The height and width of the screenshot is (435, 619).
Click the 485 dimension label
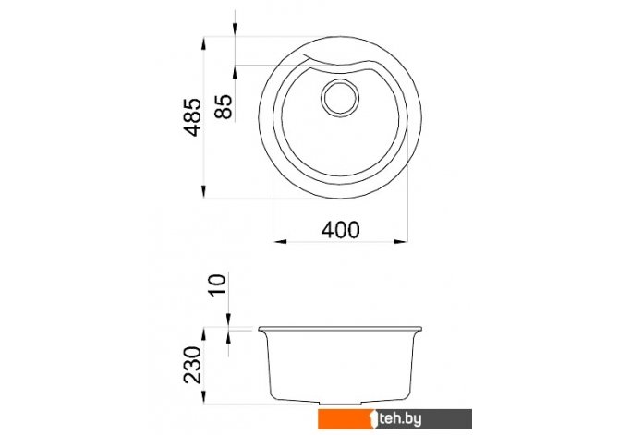pos(193,117)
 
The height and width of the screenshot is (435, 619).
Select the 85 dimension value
pos(224,106)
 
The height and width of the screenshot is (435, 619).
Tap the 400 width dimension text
pos(341,230)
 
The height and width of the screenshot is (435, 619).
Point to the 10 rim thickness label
pos(217,285)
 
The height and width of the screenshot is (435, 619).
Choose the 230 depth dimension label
pos(193,365)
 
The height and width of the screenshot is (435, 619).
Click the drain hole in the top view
pos(340,98)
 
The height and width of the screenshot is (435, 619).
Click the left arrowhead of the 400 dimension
pos(280,241)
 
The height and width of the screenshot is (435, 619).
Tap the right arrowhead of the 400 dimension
pos(401,241)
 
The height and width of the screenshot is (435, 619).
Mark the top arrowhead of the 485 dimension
pos(203,43)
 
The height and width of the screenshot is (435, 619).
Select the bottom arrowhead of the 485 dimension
pos(203,192)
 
